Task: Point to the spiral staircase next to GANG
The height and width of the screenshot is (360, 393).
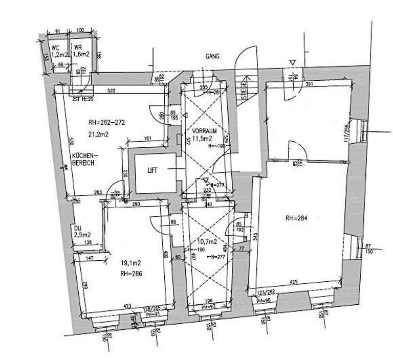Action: [245, 72]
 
